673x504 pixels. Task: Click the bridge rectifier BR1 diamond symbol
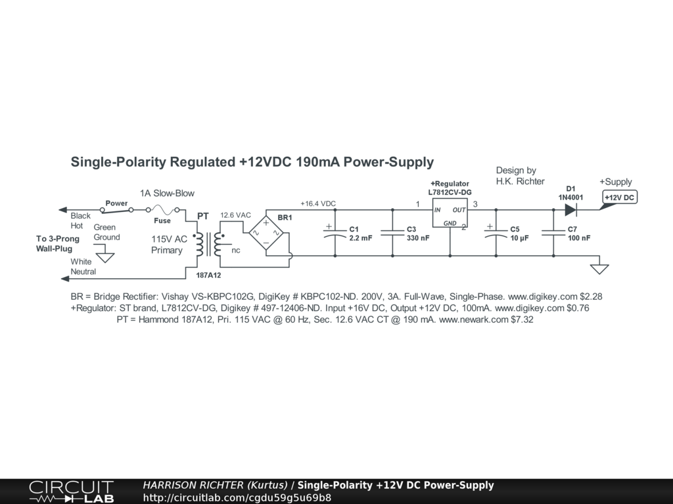(266, 233)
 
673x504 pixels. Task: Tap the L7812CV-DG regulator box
(450, 216)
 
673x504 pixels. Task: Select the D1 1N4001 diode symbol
(570, 210)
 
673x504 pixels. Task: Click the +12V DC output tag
(620, 198)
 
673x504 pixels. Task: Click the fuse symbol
(162, 210)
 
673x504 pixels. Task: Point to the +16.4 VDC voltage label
(318, 203)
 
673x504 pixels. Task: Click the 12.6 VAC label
(235, 215)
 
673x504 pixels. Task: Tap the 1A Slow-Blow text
(167, 194)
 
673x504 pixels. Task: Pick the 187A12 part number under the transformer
(208, 276)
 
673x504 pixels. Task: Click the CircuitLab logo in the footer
(71, 492)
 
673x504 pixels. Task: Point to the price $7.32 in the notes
(519, 320)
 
